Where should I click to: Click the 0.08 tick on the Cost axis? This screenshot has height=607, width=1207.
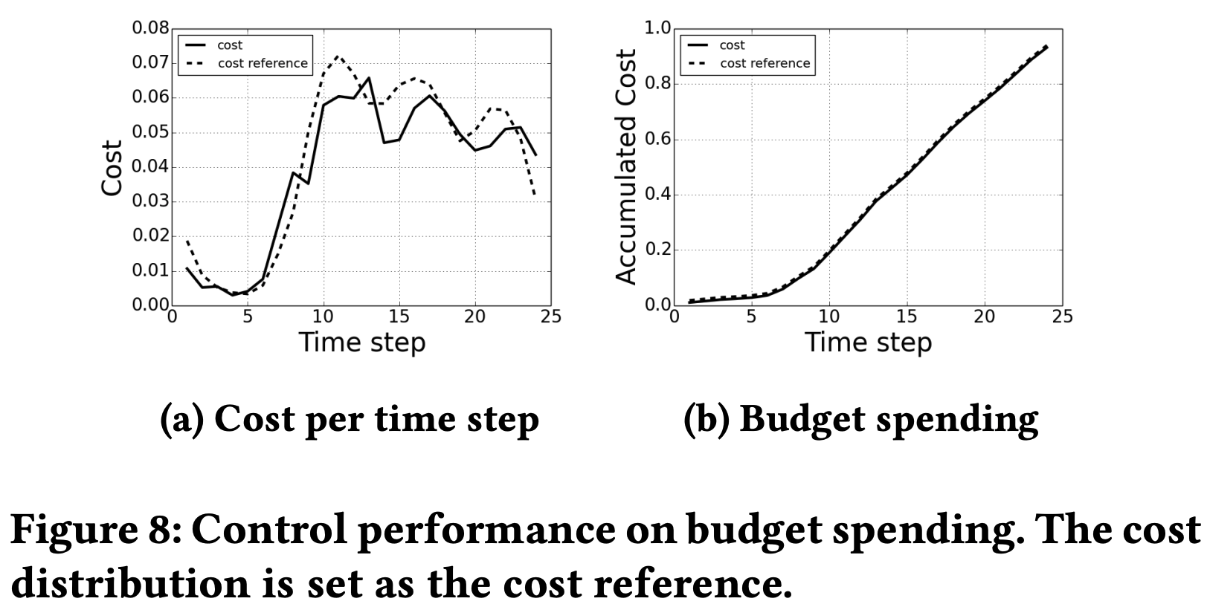click(x=150, y=28)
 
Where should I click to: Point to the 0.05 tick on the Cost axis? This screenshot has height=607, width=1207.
click(x=150, y=132)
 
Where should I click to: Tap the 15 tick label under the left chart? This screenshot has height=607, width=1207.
click(x=399, y=317)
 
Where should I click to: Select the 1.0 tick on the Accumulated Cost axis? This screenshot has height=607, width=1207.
click(x=658, y=28)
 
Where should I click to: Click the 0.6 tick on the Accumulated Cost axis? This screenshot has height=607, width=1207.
click(x=658, y=140)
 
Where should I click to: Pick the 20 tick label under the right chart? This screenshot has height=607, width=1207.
click(x=985, y=317)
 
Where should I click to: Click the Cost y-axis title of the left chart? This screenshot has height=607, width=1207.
click(x=112, y=168)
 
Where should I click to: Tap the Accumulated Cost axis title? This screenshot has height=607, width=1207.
click(x=627, y=166)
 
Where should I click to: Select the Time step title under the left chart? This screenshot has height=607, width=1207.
click(x=361, y=343)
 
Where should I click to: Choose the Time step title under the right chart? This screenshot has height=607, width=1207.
click(x=868, y=343)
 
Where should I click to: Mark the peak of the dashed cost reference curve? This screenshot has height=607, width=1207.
click(x=338, y=56)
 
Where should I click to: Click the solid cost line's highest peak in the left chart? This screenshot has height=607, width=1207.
click(x=369, y=77)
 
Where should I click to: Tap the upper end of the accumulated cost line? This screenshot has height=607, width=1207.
click(x=1046, y=46)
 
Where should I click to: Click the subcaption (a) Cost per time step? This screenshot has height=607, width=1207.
click(x=350, y=420)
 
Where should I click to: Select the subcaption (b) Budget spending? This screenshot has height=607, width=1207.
click(x=860, y=420)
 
